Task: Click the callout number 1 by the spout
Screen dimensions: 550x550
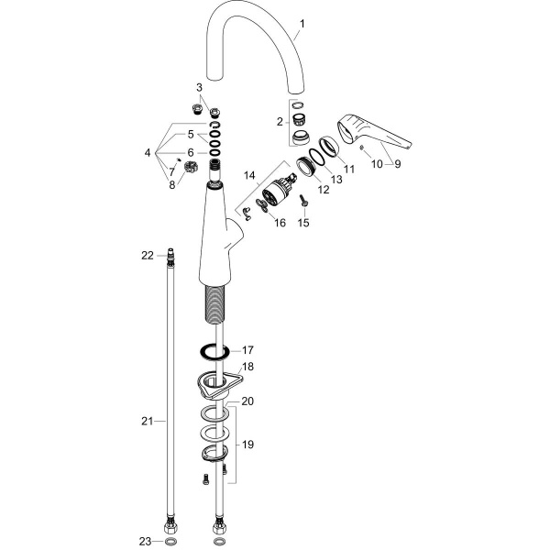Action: pos(302,24)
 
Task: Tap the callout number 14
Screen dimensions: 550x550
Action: pos(249,175)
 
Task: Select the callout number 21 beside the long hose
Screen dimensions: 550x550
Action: pos(148,421)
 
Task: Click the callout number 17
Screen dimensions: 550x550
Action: pos(247,350)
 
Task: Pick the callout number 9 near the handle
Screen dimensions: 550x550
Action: pos(397,164)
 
